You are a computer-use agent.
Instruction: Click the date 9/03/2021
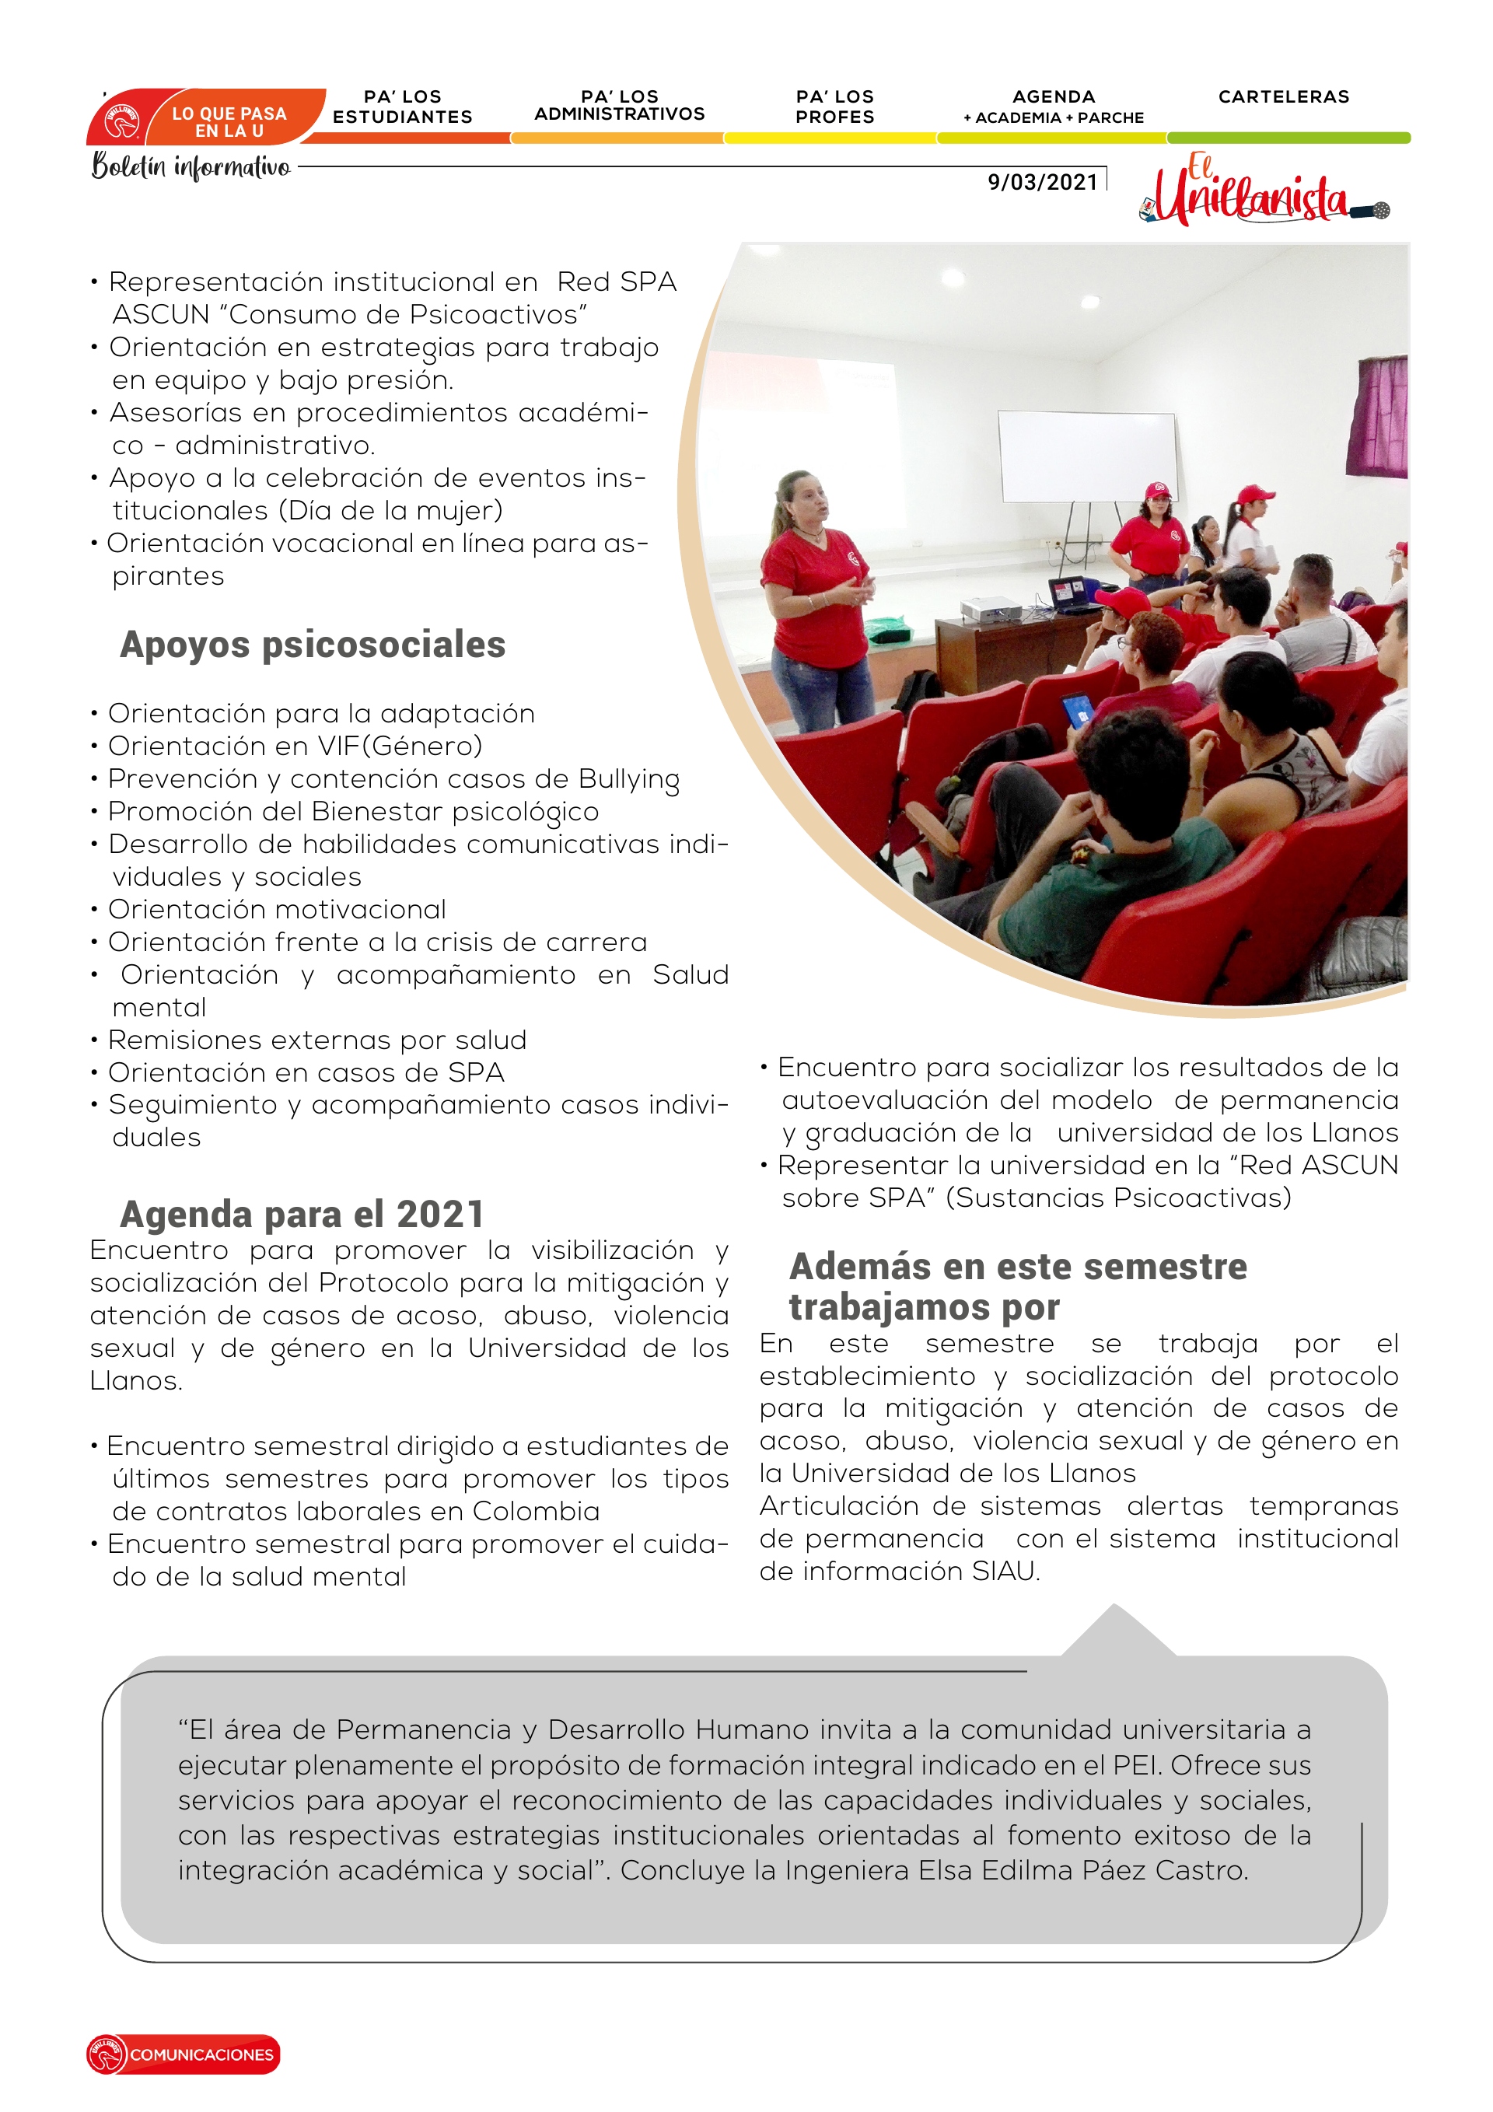coord(1042,181)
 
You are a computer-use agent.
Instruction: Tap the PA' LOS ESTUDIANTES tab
coord(402,107)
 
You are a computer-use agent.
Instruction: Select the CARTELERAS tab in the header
coord(1283,96)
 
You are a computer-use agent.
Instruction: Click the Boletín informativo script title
coord(191,166)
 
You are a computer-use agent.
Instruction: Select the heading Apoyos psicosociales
coord(312,644)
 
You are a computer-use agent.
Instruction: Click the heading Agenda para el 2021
coord(301,1213)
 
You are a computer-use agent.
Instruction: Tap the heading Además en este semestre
coord(1017,1266)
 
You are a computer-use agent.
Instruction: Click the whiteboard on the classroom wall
coord(1086,456)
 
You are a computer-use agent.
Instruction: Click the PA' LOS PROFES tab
coord(834,107)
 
